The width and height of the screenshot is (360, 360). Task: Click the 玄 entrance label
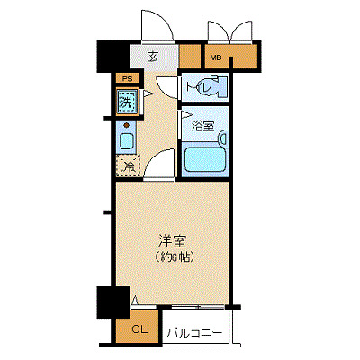[152, 57]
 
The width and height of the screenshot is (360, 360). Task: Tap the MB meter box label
[215, 59]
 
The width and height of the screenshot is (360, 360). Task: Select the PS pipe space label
[126, 80]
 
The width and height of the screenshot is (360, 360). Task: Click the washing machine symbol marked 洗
[127, 102]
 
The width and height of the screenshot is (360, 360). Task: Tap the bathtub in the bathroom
[205, 159]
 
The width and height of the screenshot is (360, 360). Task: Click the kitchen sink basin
[127, 141]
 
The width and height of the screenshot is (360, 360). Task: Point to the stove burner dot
[127, 125]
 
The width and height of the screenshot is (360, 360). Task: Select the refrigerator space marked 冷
[128, 166]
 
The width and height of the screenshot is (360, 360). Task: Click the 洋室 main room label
[173, 240]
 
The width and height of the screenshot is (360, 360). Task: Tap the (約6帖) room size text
[173, 256]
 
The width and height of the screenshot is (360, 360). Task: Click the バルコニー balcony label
[193, 333]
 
